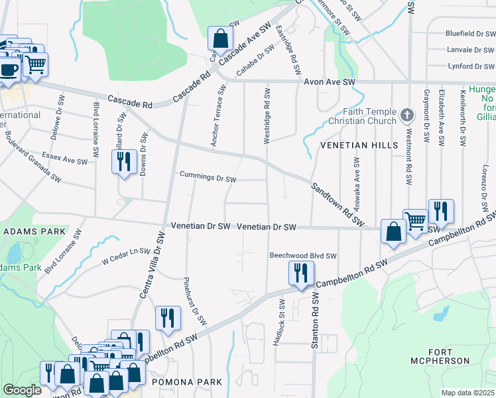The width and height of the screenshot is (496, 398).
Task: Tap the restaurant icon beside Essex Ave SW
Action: [x=124, y=162]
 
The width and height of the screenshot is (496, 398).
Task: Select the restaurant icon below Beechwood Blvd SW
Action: [x=301, y=273]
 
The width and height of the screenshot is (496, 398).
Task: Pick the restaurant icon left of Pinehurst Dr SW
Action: [x=167, y=318]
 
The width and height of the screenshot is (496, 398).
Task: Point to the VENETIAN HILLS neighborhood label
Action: [x=359, y=145]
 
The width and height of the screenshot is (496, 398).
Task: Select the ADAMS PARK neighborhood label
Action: [x=34, y=232]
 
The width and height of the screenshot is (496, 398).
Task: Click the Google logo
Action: [x=23, y=390]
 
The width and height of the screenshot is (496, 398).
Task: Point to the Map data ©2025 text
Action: [x=467, y=393]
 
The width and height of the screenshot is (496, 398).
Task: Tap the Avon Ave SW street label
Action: [x=330, y=81]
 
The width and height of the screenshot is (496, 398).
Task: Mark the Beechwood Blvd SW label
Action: [x=303, y=255]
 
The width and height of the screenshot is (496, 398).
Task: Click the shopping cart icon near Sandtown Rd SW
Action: [x=416, y=220]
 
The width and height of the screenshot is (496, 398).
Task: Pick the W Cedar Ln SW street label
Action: [x=126, y=252]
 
